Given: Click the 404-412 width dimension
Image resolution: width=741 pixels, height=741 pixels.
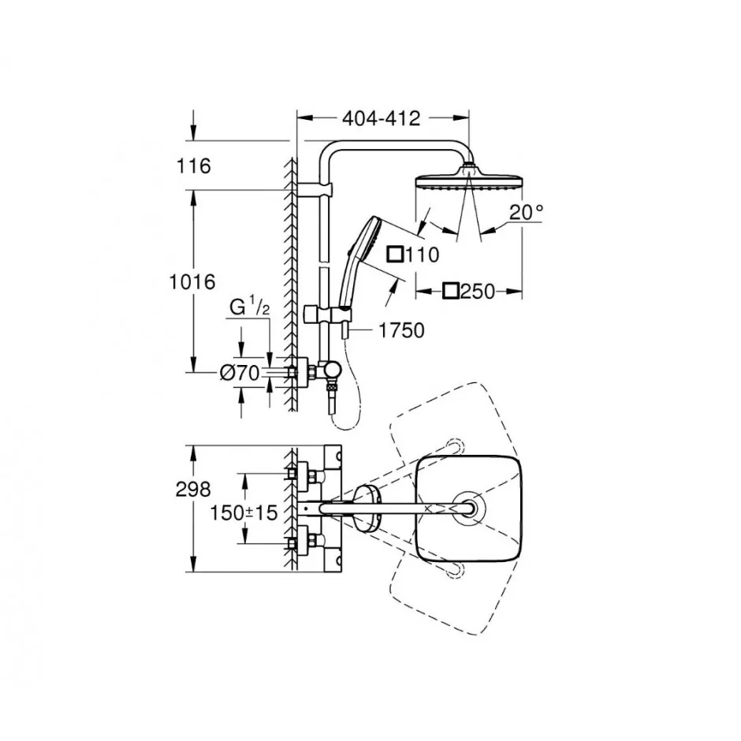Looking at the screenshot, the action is (382, 118).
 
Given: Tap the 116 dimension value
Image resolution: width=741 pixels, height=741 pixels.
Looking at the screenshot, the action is (193, 166).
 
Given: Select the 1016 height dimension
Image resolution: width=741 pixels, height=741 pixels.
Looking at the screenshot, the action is (192, 281).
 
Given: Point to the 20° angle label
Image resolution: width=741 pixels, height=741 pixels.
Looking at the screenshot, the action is (527, 212).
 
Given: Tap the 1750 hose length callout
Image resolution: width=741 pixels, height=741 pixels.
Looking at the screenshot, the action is (402, 330).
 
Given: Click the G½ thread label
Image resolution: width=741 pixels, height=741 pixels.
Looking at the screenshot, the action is (249, 307).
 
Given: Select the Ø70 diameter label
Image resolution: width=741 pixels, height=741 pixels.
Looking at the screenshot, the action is (240, 374).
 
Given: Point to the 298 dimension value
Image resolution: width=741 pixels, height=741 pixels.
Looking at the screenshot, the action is (193, 489).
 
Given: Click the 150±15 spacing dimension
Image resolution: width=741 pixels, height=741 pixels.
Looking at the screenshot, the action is (243, 512).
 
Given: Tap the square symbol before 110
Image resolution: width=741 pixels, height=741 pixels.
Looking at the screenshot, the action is (395, 255).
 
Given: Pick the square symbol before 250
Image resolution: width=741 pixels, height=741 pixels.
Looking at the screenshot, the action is (451, 291).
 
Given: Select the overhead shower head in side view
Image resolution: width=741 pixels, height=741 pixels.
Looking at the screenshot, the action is (468, 179).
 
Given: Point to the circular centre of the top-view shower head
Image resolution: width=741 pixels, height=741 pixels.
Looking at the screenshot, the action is (468, 508).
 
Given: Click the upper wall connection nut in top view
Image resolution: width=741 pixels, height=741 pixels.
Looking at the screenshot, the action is (292, 472).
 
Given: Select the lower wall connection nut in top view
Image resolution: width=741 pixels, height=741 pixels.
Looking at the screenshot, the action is (292, 543).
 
